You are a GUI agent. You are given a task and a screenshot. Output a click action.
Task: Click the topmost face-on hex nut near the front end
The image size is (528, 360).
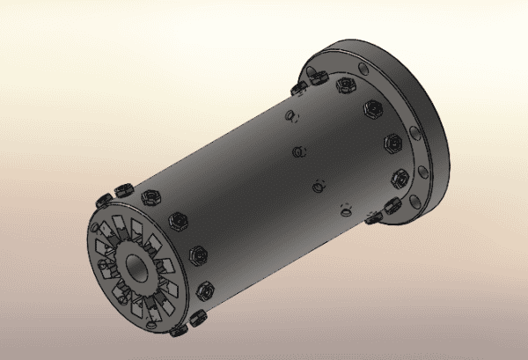(151, 193)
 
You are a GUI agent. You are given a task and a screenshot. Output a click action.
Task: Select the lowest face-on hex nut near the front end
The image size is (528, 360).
(208, 289)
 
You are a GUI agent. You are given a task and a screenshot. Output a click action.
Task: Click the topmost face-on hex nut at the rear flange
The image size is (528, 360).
(345, 85)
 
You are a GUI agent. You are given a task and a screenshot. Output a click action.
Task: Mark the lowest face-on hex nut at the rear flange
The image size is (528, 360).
(398, 179)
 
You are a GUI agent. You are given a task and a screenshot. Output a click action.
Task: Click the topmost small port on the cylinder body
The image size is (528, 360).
(291, 116)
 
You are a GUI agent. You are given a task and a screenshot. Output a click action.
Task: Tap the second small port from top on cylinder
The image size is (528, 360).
(299, 151)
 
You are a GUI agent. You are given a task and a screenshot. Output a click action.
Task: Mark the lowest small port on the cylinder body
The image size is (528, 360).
(347, 210)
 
